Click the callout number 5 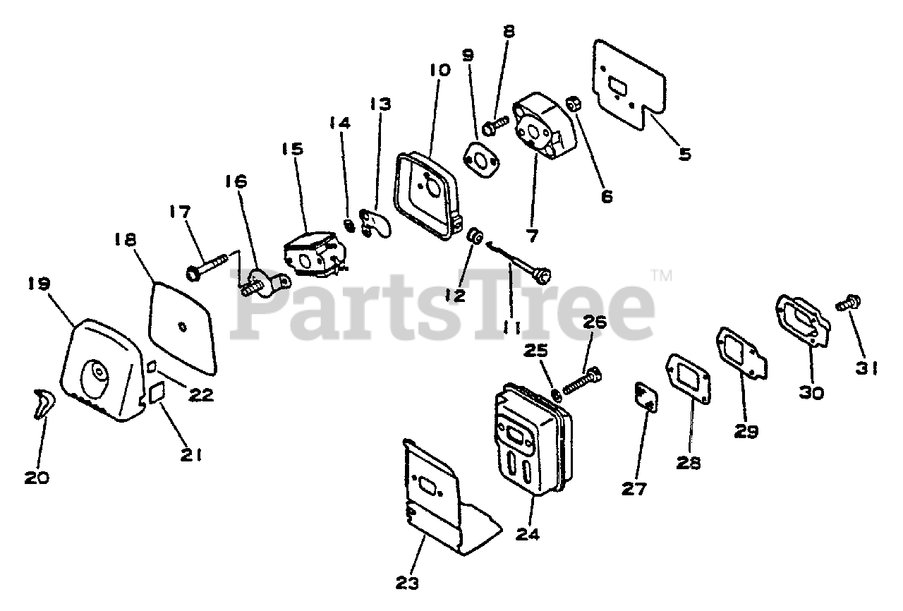tap(684, 152)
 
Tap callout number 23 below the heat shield tap(407, 583)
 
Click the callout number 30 tap(811, 392)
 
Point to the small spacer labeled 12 tap(475, 238)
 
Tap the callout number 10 tap(439, 70)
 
